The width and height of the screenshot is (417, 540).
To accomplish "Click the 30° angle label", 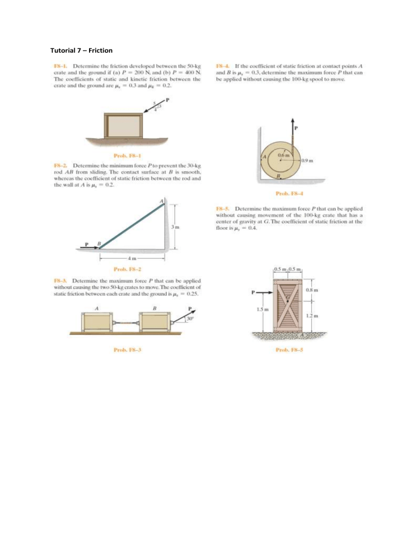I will point(190,318).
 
